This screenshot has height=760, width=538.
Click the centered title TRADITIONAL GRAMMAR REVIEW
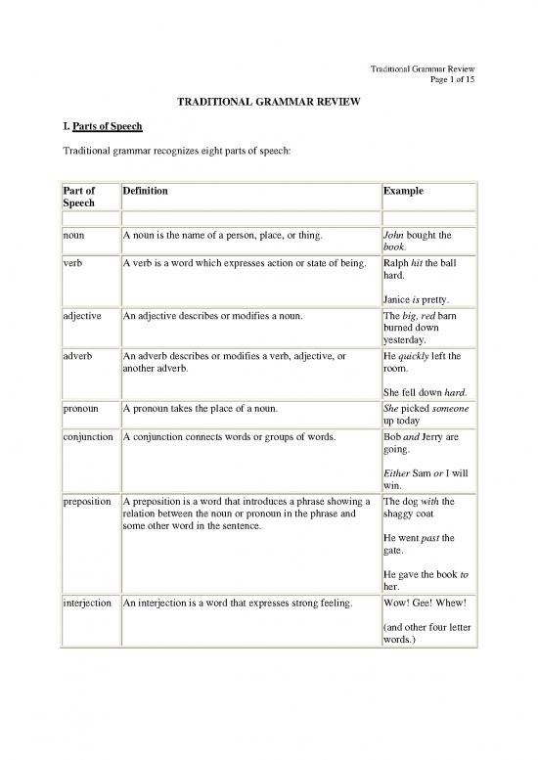269,101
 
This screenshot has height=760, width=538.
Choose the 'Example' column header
404,192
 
